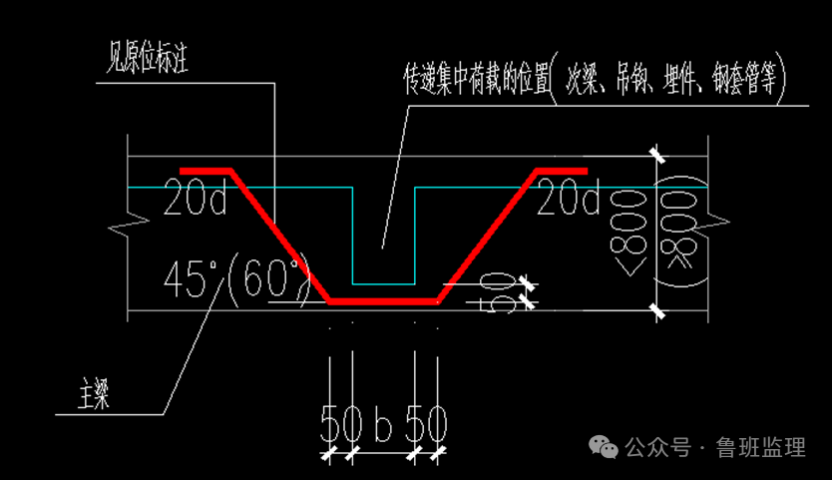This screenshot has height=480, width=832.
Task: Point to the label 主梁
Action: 94,395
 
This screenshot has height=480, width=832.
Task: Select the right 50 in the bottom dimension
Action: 426,426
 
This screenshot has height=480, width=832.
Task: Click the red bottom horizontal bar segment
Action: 384,300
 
